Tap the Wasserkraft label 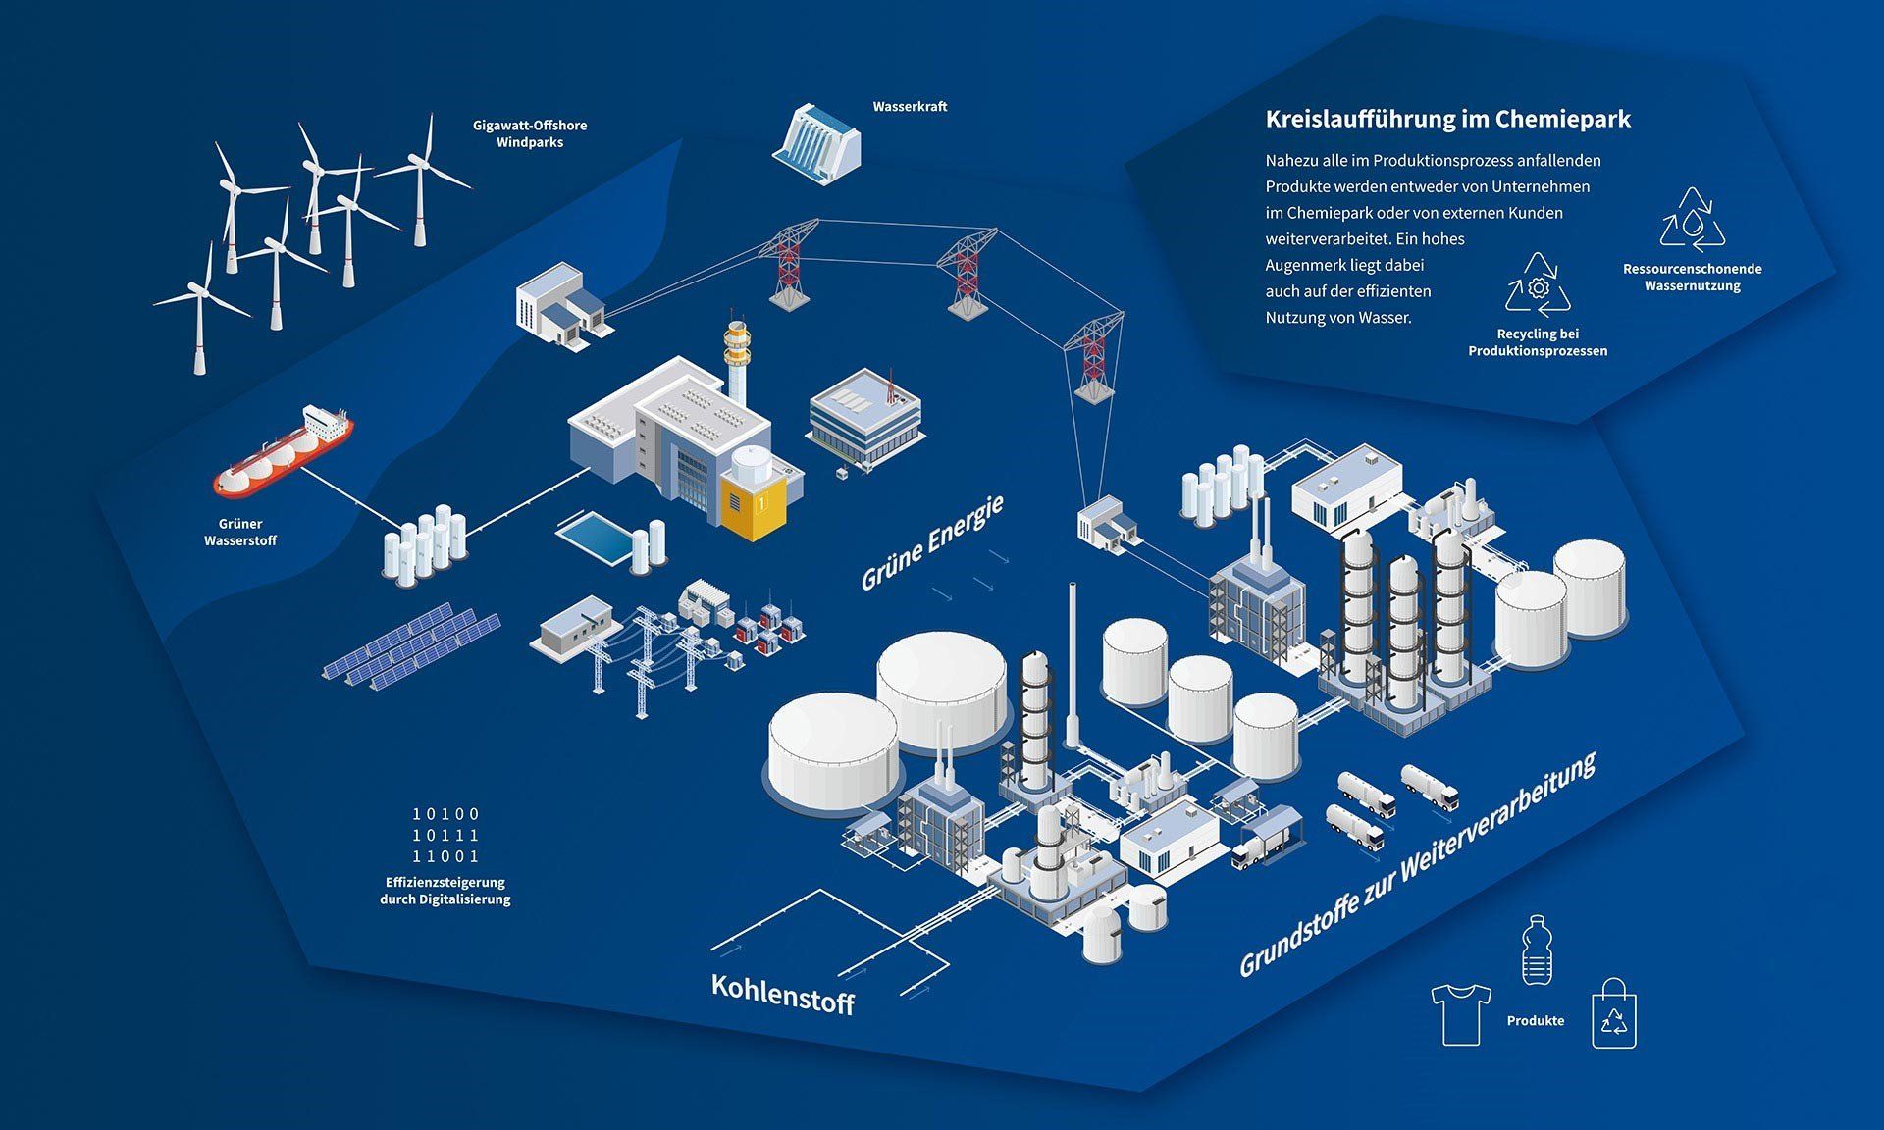910,107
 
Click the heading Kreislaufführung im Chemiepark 1447,120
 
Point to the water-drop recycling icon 1692,220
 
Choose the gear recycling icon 1538,285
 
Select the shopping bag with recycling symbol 1613,1014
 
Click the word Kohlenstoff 782,995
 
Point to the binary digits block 445,835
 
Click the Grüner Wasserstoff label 240,533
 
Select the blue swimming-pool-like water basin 594,539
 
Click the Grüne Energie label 931,543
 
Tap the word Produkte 1535,1021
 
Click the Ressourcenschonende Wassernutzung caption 1692,278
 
